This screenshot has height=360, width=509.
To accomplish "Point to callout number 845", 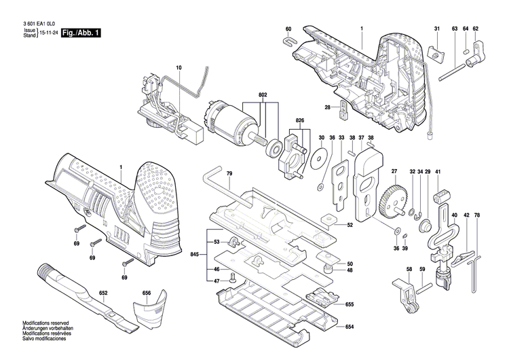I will (x=196, y=255).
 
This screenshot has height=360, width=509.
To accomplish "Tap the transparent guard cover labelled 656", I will (x=150, y=317).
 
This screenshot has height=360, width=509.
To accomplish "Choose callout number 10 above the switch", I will (x=179, y=67).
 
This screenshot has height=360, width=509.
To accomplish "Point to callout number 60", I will (x=288, y=29).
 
